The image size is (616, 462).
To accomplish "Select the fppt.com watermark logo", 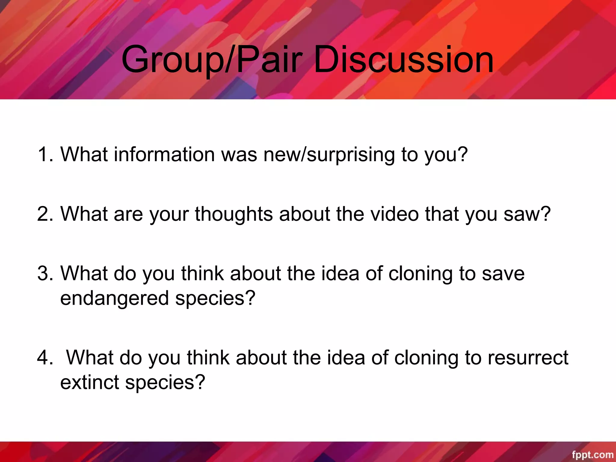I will point(592,454).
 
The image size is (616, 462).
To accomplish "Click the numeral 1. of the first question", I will point(45,154).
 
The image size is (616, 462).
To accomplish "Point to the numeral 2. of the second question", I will point(45,214).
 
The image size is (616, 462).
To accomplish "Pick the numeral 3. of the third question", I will point(45,273).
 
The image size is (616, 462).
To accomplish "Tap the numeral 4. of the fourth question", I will point(45,358).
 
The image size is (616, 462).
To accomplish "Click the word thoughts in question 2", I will point(234,214).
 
